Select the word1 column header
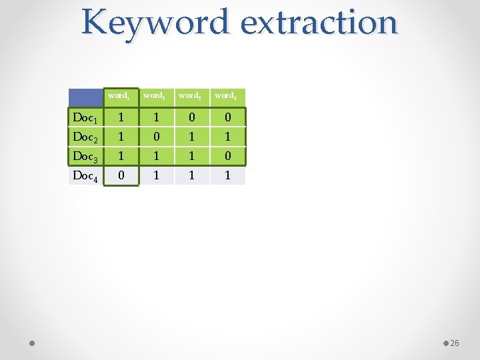(x=120, y=96)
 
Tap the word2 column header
(x=155, y=96)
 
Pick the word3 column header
(x=191, y=96)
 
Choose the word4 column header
(x=227, y=96)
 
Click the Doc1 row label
(x=85, y=118)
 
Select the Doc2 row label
(x=85, y=137)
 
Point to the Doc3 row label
(x=85, y=157)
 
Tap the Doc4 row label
(x=85, y=176)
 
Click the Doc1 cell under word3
(x=192, y=118)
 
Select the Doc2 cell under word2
(x=156, y=137)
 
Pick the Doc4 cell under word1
(x=120, y=176)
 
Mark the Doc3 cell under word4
(x=227, y=157)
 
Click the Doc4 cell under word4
(x=227, y=176)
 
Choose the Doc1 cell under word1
(x=120, y=118)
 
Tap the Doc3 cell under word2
(x=156, y=157)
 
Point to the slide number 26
(x=455, y=343)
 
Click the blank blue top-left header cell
(x=85, y=97)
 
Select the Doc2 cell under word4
(x=227, y=137)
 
